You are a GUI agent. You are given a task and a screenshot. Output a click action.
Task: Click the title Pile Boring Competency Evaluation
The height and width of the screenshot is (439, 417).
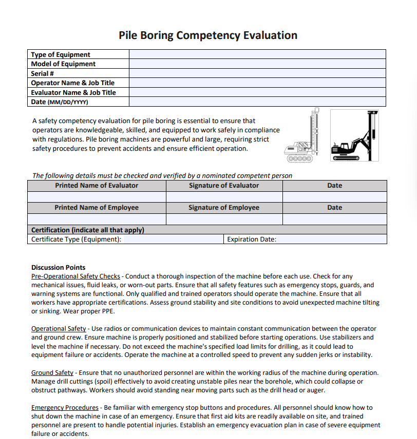point(208,35)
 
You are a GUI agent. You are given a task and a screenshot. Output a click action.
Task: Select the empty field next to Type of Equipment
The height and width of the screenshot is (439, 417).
point(257,54)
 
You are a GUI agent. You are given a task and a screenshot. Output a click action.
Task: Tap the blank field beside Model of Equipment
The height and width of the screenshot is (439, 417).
point(257,64)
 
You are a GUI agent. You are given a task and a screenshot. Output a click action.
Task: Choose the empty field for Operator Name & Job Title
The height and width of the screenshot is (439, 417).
point(257,83)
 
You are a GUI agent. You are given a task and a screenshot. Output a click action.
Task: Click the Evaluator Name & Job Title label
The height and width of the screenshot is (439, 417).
point(73,92)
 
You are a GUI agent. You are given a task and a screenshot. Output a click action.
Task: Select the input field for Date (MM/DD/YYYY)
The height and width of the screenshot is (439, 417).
point(257,102)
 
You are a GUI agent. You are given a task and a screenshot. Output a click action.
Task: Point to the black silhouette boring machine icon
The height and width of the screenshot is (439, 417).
point(354,135)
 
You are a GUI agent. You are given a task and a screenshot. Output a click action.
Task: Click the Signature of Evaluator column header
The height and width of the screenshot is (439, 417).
point(224,186)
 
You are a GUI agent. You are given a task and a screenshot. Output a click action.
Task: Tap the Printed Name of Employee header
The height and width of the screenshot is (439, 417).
point(97,208)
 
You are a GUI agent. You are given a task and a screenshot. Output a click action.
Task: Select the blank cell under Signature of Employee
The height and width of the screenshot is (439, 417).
point(224,219)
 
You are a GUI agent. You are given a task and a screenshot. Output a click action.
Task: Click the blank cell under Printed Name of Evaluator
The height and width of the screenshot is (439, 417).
point(97,197)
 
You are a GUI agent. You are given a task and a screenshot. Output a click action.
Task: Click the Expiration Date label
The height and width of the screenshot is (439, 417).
point(252,239)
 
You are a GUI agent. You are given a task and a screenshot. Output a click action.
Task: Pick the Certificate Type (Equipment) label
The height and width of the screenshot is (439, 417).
point(77,239)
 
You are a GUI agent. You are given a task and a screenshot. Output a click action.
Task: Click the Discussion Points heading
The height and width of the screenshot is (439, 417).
point(58,267)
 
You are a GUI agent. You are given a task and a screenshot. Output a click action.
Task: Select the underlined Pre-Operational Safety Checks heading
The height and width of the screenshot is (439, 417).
point(75,276)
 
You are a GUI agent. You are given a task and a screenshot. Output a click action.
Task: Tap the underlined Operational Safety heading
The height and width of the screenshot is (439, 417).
point(59,328)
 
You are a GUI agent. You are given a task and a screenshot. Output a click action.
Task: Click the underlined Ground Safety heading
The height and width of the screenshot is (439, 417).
point(52,372)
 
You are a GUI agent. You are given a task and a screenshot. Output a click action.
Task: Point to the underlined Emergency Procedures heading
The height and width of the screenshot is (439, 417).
point(65,407)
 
